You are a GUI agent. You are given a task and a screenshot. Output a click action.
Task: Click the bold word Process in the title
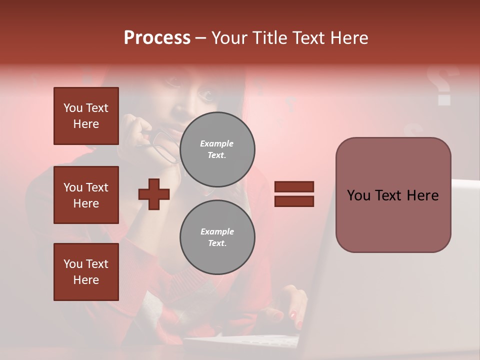click(157, 38)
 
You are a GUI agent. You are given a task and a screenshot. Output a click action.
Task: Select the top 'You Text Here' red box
click(86, 116)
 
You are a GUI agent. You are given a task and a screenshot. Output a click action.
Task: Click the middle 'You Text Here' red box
click(86, 195)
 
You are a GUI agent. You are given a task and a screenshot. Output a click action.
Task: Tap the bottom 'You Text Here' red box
click(86, 271)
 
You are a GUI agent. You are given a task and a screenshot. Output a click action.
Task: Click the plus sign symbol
click(154, 194)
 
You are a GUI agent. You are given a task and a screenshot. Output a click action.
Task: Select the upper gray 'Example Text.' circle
click(217, 149)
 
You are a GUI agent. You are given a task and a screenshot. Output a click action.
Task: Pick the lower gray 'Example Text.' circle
click(217, 237)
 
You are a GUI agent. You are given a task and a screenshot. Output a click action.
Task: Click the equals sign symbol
click(294, 194)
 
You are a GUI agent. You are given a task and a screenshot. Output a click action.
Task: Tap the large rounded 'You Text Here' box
click(393, 195)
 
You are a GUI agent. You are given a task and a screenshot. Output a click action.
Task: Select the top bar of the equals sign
click(294, 186)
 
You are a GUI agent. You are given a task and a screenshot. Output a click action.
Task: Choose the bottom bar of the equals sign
click(294, 201)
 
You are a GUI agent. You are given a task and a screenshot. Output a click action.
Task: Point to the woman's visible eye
click(205, 93)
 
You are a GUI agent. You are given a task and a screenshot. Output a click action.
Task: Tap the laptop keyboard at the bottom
click(245, 342)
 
